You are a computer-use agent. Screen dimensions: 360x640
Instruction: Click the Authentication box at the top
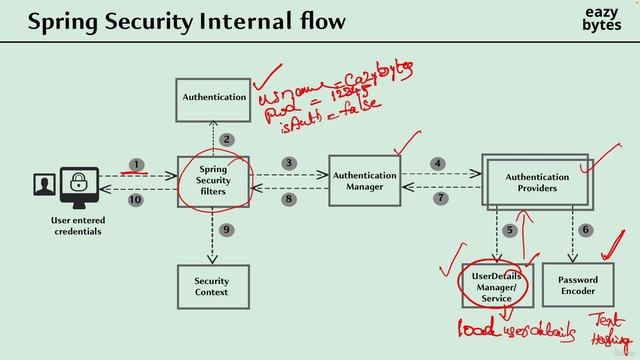[x=213, y=97]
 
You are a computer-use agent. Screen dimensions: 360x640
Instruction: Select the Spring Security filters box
[x=213, y=181]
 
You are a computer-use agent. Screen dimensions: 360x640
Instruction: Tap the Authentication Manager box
[x=364, y=181]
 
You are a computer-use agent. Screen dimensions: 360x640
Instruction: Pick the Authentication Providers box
[x=537, y=182]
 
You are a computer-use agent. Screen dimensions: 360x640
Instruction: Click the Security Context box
[x=212, y=287]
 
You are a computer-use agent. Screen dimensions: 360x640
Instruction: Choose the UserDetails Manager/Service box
[x=496, y=285]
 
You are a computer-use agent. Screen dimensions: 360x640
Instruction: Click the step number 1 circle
[x=137, y=164]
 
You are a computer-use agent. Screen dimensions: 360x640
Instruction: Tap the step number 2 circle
[x=227, y=139]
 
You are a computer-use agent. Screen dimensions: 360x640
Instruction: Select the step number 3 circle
[x=288, y=163]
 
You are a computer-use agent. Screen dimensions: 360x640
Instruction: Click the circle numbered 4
[x=438, y=163]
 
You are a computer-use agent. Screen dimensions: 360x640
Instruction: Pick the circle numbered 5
[x=510, y=231]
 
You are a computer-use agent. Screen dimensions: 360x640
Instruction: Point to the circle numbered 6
[x=586, y=230]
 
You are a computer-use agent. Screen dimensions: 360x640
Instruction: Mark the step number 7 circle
[x=440, y=199]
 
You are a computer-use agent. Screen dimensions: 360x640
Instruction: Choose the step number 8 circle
[x=288, y=200]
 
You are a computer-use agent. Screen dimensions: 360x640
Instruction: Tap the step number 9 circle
[x=227, y=230]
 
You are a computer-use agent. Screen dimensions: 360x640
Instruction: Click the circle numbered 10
[x=137, y=200]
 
